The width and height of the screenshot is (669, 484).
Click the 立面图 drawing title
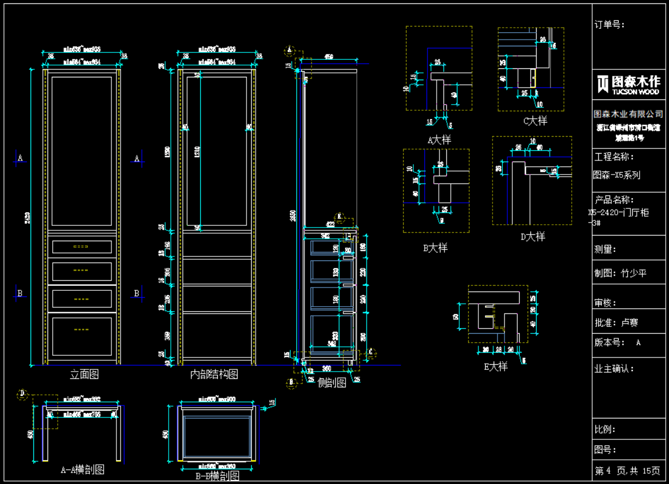(84, 374)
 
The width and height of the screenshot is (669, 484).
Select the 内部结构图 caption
(214, 374)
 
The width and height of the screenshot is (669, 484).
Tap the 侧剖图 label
(331, 383)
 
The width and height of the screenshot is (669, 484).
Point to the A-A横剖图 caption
(83, 469)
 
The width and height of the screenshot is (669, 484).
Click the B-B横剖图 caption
(217, 476)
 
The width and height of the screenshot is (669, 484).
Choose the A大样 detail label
(439, 139)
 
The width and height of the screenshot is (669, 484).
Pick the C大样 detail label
(534, 120)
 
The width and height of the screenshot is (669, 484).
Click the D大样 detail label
(533, 237)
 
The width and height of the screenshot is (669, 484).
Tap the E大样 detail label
(495, 367)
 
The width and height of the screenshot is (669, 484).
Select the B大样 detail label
(435, 248)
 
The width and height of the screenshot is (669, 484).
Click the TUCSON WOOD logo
(628, 85)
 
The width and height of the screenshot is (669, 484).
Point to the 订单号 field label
(610, 25)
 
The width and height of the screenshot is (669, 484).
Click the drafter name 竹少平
(633, 273)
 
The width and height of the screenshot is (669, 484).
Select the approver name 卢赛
(629, 323)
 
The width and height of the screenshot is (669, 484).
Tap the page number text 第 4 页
(610, 470)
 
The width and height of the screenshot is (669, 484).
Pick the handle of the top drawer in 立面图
(81, 247)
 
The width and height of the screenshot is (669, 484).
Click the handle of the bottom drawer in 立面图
(81, 328)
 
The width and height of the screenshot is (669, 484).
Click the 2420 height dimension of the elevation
(27, 215)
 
